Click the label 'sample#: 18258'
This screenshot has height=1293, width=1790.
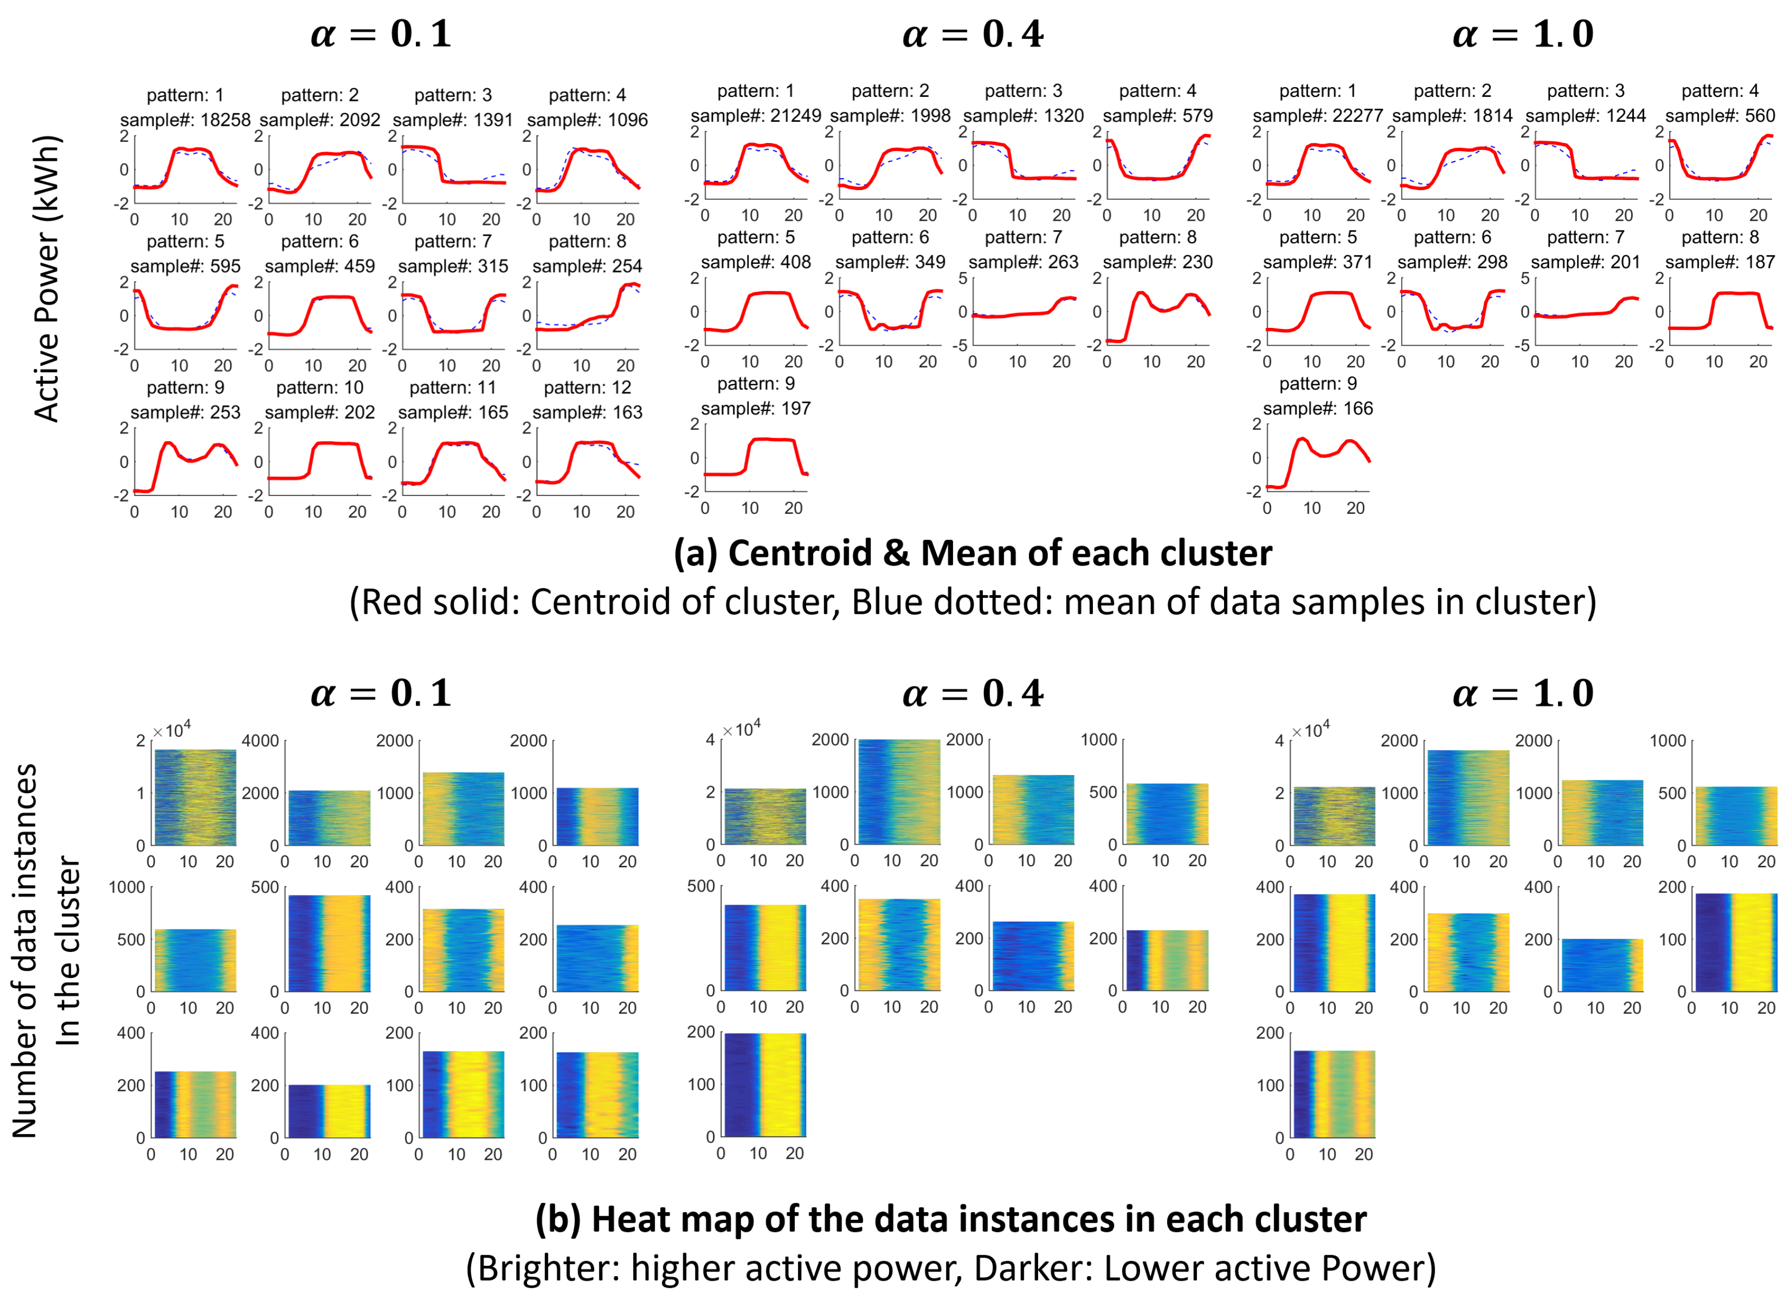tap(185, 120)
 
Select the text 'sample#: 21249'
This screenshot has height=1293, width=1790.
tap(755, 116)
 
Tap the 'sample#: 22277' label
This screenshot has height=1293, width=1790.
tap(1317, 116)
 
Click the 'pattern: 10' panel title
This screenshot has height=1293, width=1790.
tap(320, 388)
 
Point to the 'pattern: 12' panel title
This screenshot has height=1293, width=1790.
tap(587, 388)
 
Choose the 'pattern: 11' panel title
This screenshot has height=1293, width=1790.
tap(453, 388)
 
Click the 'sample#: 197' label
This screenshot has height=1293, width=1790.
tap(755, 408)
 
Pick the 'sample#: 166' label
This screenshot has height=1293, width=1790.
tap(1317, 408)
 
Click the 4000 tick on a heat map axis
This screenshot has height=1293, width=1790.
tap(261, 740)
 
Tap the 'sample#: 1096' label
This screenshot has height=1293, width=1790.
tap(587, 120)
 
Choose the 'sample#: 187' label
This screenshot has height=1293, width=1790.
tap(1720, 262)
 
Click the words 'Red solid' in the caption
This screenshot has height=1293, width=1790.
tap(436, 602)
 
